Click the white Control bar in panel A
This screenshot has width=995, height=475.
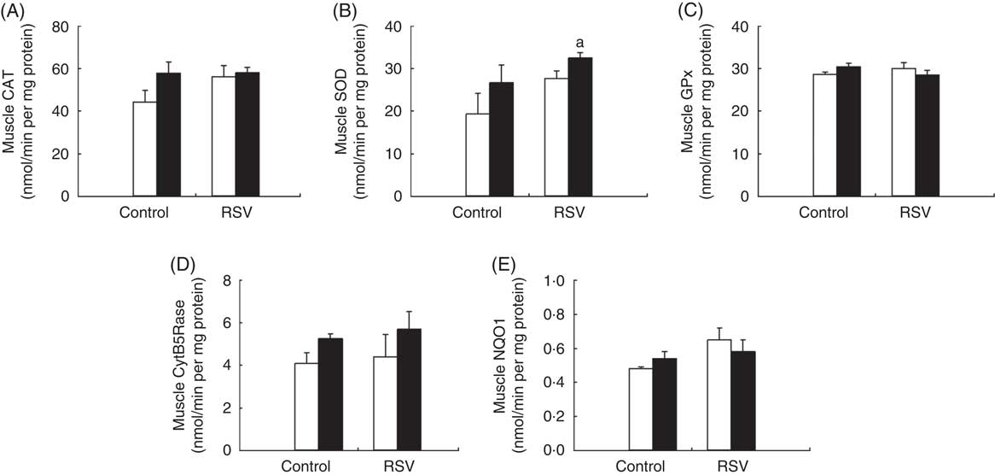pyautogui.click(x=144, y=150)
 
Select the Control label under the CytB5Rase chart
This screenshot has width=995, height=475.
pyautogui.click(x=317, y=466)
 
